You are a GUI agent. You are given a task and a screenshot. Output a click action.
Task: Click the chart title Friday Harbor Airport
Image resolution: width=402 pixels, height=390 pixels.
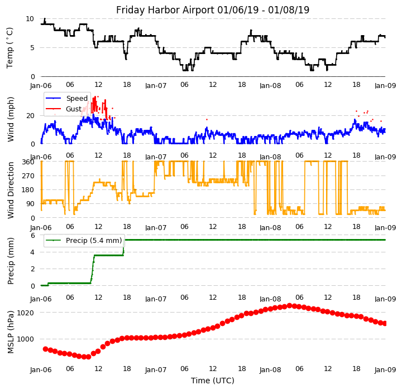pyautogui.click(x=212, y=10)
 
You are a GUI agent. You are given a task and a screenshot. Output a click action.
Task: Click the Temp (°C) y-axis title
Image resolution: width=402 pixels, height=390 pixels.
pyautogui.click(x=10, y=47)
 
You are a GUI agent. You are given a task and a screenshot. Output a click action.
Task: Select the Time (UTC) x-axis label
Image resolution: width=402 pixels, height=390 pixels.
pyautogui.click(x=212, y=381)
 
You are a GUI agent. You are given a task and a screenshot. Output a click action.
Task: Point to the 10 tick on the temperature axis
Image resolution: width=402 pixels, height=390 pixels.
pyautogui.click(x=30, y=18)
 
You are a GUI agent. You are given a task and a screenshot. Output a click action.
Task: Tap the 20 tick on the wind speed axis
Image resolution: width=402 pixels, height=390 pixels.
pyautogui.click(x=30, y=115)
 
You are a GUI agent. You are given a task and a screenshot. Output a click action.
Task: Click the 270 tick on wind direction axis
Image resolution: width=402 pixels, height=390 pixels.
pyautogui.click(x=27, y=176)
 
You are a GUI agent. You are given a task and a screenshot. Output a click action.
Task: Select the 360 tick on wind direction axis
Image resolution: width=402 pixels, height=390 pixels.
pyautogui.click(x=27, y=162)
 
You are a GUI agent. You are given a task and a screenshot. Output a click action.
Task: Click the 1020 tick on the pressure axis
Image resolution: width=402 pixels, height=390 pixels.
pyautogui.click(x=26, y=313)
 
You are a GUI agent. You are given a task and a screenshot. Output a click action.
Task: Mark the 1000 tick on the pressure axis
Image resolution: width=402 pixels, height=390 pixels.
pyautogui.click(x=26, y=339)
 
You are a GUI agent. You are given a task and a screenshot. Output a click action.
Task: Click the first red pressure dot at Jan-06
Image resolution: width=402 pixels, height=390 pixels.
pyautogui.click(x=45, y=349)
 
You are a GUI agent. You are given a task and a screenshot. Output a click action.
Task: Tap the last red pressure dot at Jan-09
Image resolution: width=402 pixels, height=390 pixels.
pyautogui.click(x=385, y=323)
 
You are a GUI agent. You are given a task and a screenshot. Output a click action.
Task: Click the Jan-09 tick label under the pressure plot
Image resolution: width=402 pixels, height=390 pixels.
pyautogui.click(x=385, y=369)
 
